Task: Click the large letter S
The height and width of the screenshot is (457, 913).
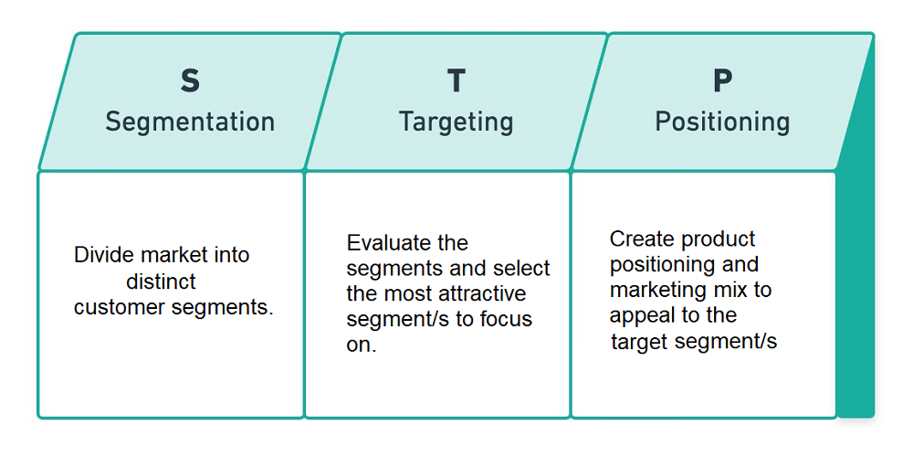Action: pyautogui.click(x=190, y=81)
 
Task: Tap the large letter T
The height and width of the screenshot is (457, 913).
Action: pyautogui.click(x=456, y=81)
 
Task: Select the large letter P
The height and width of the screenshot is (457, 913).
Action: pyautogui.click(x=722, y=81)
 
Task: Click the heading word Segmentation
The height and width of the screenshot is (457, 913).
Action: pyautogui.click(x=190, y=122)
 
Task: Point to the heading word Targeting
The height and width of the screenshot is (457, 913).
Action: pyautogui.click(x=456, y=122)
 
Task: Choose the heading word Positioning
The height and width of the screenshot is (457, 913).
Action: pyautogui.click(x=722, y=122)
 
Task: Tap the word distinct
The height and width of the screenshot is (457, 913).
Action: pyautogui.click(x=162, y=281)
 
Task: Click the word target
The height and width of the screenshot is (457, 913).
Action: pyautogui.click(x=640, y=342)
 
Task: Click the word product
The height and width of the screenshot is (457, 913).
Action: pyautogui.click(x=719, y=239)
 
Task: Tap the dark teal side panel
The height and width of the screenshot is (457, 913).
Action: pyautogui.click(x=856, y=274)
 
